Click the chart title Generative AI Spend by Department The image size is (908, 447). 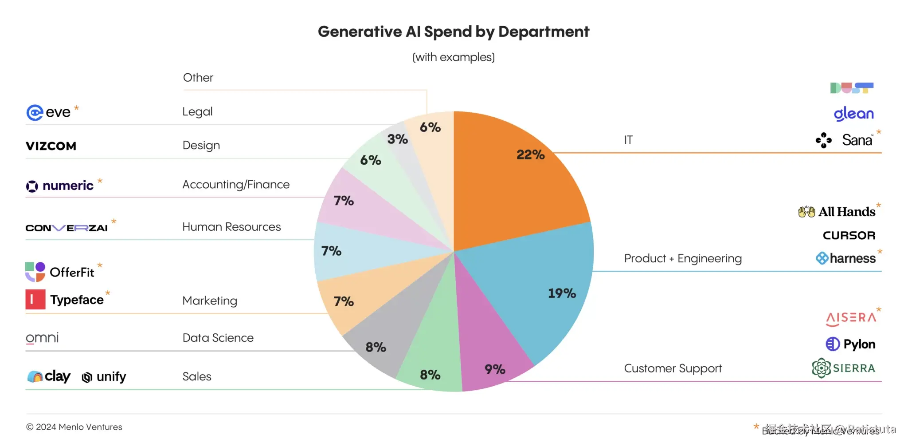click(x=453, y=32)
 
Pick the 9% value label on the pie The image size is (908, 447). click(x=495, y=369)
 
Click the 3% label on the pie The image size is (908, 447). click(x=397, y=139)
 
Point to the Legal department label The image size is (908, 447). click(x=197, y=111)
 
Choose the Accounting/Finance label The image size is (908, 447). click(x=236, y=184)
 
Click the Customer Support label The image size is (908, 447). click(x=673, y=368)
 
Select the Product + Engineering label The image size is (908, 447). click(x=683, y=258)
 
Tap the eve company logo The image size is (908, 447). click(x=49, y=112)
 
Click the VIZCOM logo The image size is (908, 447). click(x=51, y=146)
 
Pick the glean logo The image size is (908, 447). click(x=853, y=114)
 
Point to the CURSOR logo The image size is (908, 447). click(x=849, y=235)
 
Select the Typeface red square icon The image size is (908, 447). click(x=35, y=299)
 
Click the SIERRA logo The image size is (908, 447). click(x=844, y=368)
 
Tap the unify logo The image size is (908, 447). click(x=104, y=377)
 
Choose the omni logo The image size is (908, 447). click(x=42, y=338)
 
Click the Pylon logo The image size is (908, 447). click(x=850, y=344)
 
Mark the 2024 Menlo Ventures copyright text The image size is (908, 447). click(x=74, y=427)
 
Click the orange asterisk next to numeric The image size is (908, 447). click(x=100, y=181)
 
